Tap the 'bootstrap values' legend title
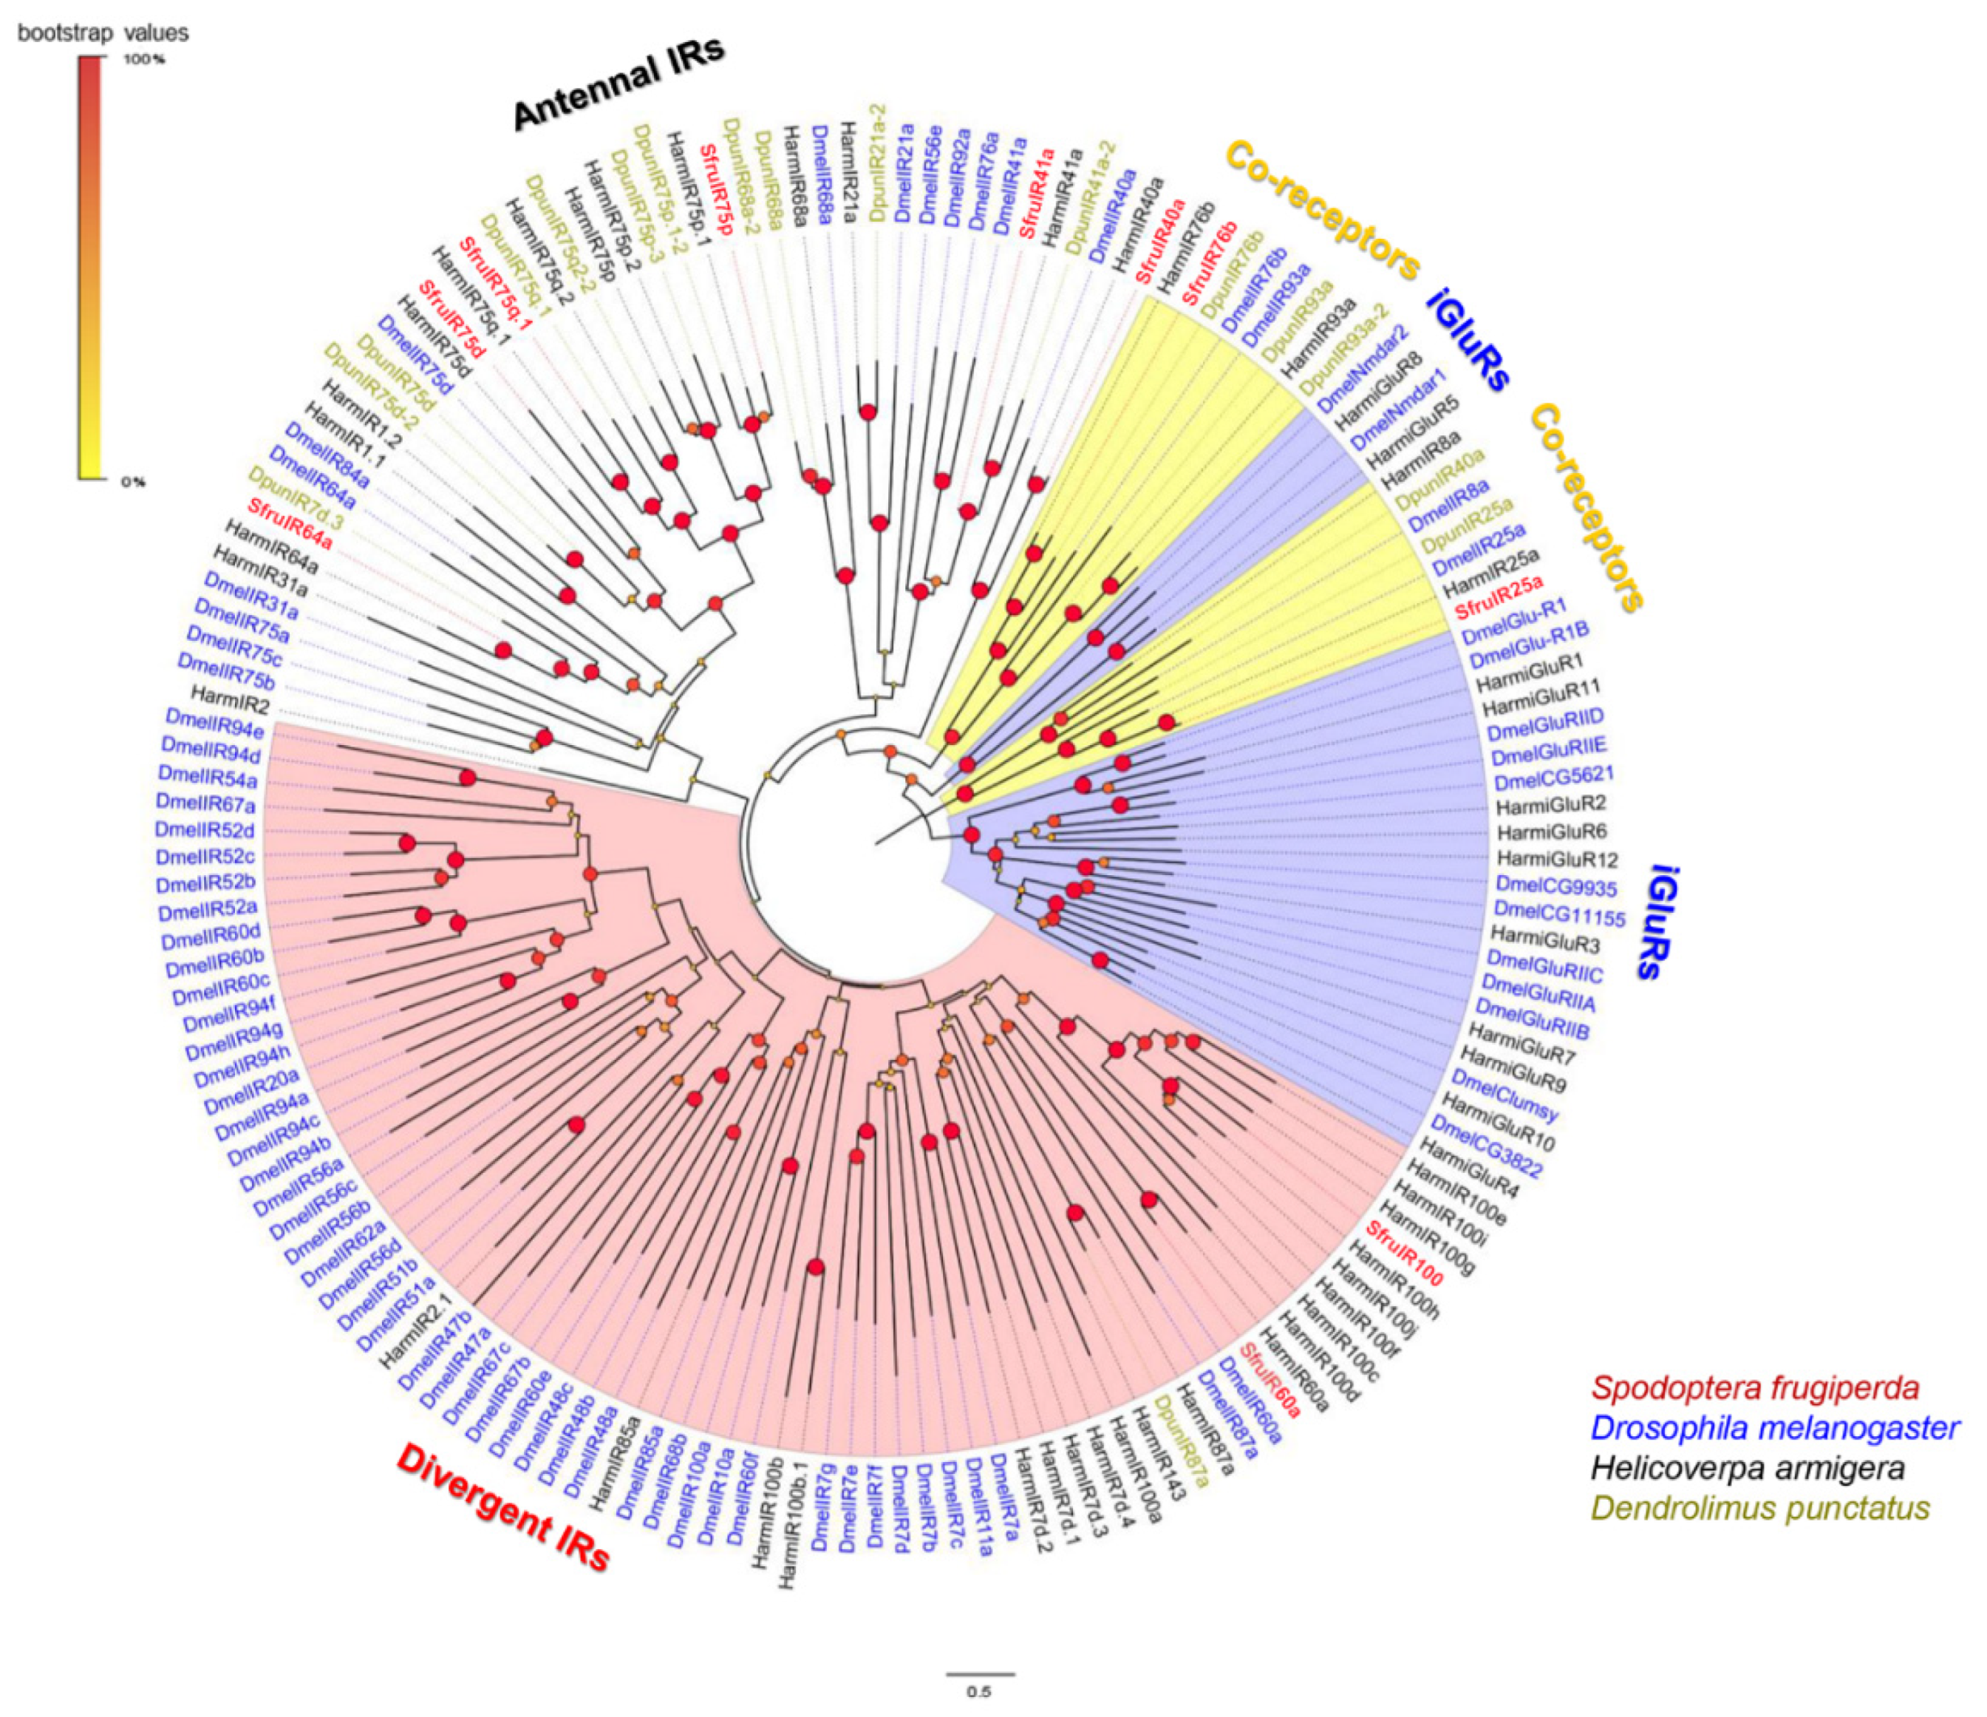coord(103,33)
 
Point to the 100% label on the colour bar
coord(146,59)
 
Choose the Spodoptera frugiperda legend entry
coord(1755,1387)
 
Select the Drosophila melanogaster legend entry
coord(1774,1427)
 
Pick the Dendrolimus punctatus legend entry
coord(1759,1508)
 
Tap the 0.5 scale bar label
coord(978,1691)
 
